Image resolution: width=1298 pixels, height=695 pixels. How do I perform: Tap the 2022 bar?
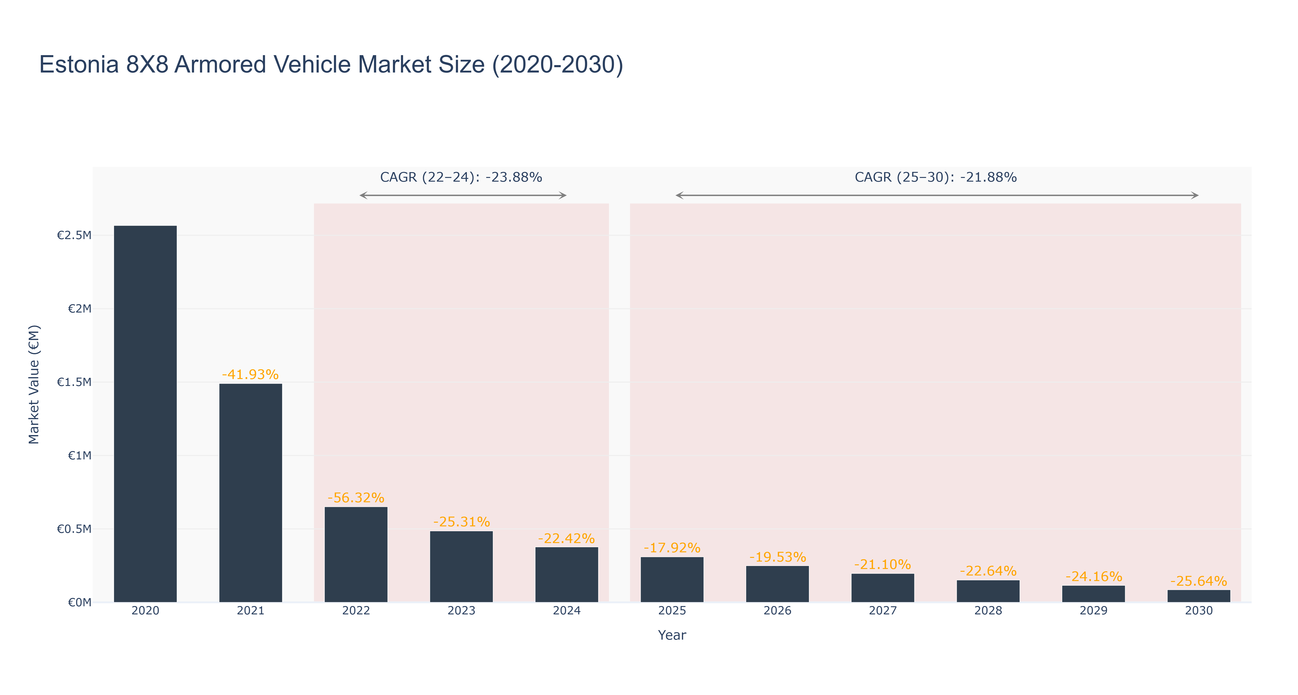(x=356, y=554)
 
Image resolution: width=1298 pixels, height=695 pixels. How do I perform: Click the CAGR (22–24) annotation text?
(x=461, y=177)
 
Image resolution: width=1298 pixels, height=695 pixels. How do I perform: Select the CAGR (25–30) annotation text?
(x=936, y=177)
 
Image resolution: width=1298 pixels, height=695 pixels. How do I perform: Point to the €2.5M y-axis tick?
(x=74, y=235)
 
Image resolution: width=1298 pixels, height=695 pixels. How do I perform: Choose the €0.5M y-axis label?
(x=74, y=529)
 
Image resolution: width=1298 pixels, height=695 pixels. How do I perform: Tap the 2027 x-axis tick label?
(x=883, y=610)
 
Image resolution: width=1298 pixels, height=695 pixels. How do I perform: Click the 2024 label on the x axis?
(x=567, y=610)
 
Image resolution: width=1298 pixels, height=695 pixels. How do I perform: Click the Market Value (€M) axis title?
(x=34, y=384)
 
